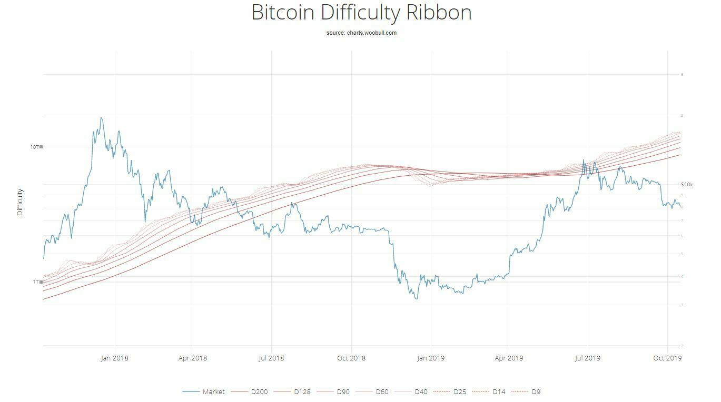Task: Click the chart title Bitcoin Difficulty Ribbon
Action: click(361, 13)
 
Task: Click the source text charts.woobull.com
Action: click(361, 33)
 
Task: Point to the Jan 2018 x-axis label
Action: click(114, 358)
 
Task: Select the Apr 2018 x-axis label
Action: click(193, 358)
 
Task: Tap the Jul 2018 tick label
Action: click(271, 358)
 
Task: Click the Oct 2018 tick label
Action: click(351, 358)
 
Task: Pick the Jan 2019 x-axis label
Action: click(431, 358)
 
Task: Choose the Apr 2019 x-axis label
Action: click(509, 358)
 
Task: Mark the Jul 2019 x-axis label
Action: click(587, 358)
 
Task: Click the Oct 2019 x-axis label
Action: click(667, 358)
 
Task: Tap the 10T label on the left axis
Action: click(35, 147)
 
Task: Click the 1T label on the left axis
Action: click(36, 282)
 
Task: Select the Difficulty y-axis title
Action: click(20, 202)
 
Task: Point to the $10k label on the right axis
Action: click(687, 185)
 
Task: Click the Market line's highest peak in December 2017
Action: click(101, 117)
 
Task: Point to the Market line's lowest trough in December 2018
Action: click(417, 299)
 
